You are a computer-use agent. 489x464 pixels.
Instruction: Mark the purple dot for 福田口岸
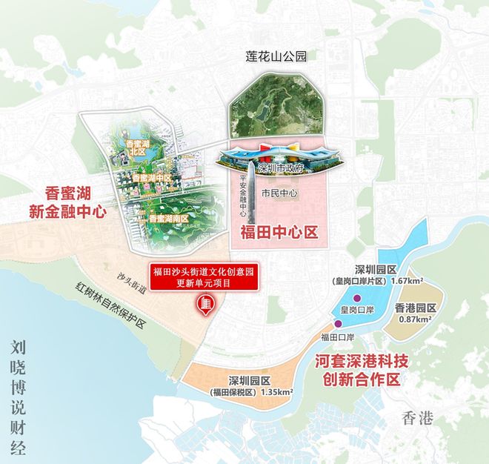point(339,323)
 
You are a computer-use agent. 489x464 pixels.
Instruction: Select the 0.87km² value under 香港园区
point(414,319)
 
